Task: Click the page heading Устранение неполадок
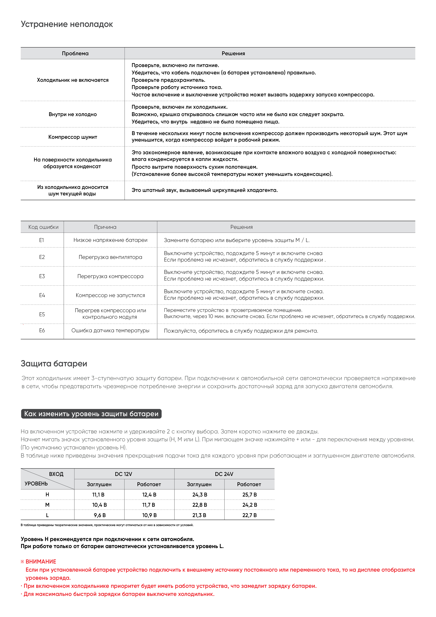pyautogui.click(x=67, y=24)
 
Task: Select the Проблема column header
pyautogui.click(x=75, y=53)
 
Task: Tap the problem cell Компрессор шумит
pyautogui.click(x=73, y=137)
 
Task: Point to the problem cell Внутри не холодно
pyautogui.click(x=73, y=115)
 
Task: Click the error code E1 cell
pyautogui.click(x=42, y=240)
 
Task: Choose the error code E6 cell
pyautogui.click(x=42, y=330)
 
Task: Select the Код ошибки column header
pyautogui.click(x=43, y=227)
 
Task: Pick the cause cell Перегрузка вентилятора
pyautogui.click(x=110, y=257)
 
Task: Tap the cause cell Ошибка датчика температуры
pyautogui.click(x=110, y=330)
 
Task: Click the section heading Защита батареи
pyautogui.click(x=54, y=364)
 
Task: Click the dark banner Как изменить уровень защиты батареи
pyautogui.click(x=91, y=414)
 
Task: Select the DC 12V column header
pyautogui.click(x=124, y=474)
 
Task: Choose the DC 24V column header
pyautogui.click(x=224, y=474)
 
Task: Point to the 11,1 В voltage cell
pyautogui.click(x=98, y=495)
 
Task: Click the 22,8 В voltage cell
pyautogui.click(x=200, y=505)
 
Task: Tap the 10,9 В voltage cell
pyautogui.click(x=149, y=515)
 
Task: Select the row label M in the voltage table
pyautogui.click(x=47, y=505)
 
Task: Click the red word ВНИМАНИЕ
pyautogui.click(x=41, y=562)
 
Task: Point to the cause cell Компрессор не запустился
pyautogui.click(x=110, y=295)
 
